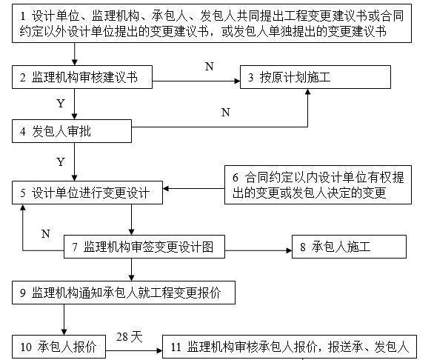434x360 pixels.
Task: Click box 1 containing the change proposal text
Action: coord(215,24)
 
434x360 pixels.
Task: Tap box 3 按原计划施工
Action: coord(314,76)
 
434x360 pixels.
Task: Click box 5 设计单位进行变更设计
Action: coord(87,192)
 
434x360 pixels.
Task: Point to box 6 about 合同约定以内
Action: coord(318,185)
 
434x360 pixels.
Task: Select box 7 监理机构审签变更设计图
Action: coord(144,247)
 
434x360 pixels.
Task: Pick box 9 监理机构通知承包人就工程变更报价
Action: coord(124,293)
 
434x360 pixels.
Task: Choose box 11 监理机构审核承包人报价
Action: coord(289,346)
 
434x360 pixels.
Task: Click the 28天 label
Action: coord(130,337)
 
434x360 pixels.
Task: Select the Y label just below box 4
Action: coord(61,161)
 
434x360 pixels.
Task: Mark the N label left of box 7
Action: coord(45,233)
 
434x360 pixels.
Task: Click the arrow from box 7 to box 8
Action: coord(256,247)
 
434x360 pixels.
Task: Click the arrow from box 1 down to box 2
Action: coord(75,54)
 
